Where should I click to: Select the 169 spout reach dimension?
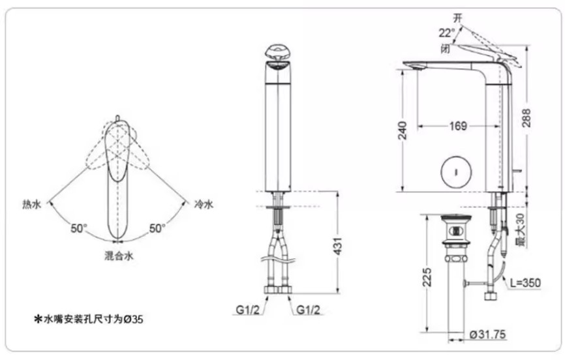[x=458, y=126]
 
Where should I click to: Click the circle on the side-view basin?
[x=454, y=172]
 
